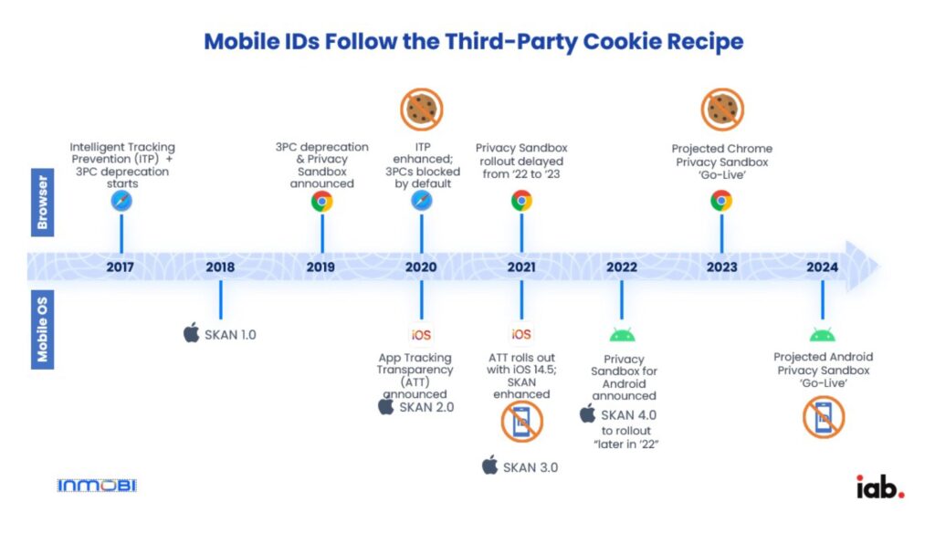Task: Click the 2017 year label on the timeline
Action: click(x=120, y=267)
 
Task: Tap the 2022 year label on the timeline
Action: click(x=621, y=267)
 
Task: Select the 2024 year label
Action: click(x=822, y=267)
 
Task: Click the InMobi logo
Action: click(x=97, y=486)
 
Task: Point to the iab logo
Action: click(x=880, y=486)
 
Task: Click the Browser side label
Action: click(x=42, y=202)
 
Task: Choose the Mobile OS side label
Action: click(x=42, y=329)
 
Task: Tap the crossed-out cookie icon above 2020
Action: click(x=422, y=110)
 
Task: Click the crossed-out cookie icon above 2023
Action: click(x=722, y=110)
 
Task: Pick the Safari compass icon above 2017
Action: click(x=121, y=201)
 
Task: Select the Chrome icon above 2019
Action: click(x=322, y=202)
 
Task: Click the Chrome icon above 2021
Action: click(x=521, y=201)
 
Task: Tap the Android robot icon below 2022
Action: click(x=622, y=335)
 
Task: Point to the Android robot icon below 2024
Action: click(x=823, y=335)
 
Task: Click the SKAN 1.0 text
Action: click(x=230, y=335)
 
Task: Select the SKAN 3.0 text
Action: click(x=531, y=467)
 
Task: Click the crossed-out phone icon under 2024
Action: click(x=824, y=418)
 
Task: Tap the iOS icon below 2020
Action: click(x=421, y=335)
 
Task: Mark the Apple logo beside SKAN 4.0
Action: click(x=587, y=413)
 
